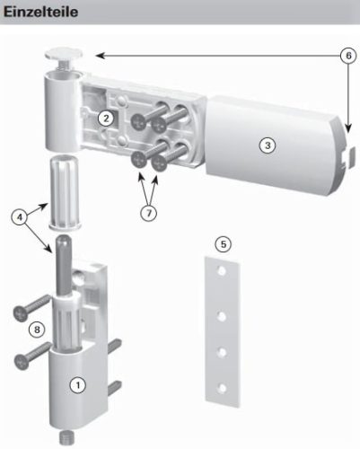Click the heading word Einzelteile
(40, 12)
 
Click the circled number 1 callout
(78, 385)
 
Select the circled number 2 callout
(106, 119)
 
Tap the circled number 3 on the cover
(268, 145)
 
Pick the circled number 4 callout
(20, 217)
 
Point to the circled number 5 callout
(224, 244)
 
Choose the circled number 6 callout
(348, 56)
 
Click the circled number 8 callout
(37, 330)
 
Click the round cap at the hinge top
(64, 54)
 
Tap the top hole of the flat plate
(222, 271)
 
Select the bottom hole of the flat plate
(222, 389)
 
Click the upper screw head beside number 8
(21, 313)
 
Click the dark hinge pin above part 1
(63, 265)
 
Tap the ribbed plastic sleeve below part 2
(64, 192)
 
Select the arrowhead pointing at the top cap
(101, 56)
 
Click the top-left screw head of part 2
(139, 122)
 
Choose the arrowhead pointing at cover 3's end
(348, 128)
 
